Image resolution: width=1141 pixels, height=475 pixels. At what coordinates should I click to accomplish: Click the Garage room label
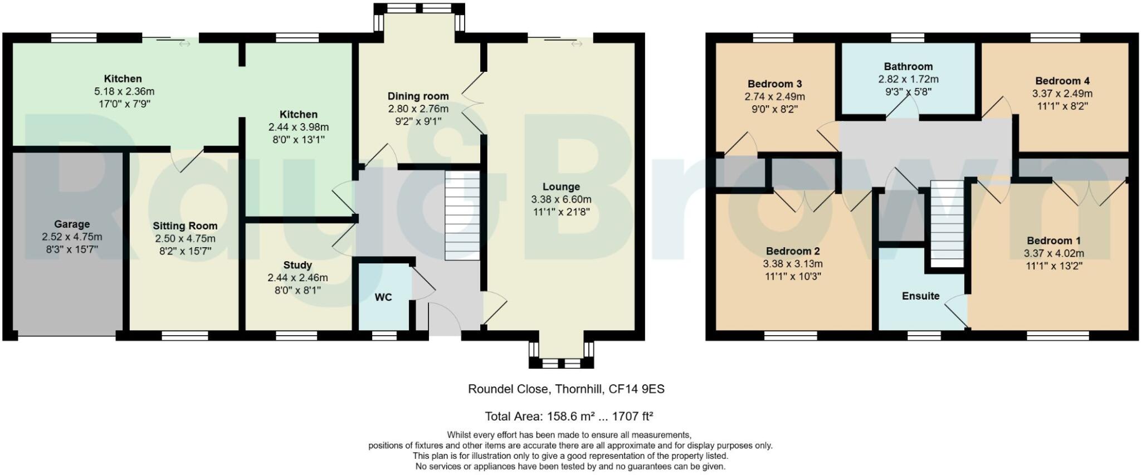72,224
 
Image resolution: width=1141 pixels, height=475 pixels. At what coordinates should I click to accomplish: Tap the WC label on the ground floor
383,297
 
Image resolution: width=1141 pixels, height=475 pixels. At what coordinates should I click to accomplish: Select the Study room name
298,265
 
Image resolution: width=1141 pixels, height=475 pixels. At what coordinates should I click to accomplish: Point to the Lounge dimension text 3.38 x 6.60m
562,199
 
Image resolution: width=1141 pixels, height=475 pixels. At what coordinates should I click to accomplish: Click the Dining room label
418,96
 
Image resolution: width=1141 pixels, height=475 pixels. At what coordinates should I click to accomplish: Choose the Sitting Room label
185,226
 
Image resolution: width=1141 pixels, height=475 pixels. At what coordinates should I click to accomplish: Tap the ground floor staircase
462,216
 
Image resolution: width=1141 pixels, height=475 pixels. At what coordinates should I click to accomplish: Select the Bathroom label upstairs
908,67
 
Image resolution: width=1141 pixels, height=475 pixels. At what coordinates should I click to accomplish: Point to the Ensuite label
920,296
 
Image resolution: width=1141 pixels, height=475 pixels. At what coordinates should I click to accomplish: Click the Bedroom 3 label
774,84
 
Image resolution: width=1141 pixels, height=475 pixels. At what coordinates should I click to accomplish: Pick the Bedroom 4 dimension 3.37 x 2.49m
1062,94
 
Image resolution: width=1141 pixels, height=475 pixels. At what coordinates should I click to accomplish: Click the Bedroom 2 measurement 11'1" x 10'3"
793,276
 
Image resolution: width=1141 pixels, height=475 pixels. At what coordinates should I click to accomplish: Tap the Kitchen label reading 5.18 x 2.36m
123,91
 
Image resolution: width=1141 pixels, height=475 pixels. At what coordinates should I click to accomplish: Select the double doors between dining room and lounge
472,103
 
